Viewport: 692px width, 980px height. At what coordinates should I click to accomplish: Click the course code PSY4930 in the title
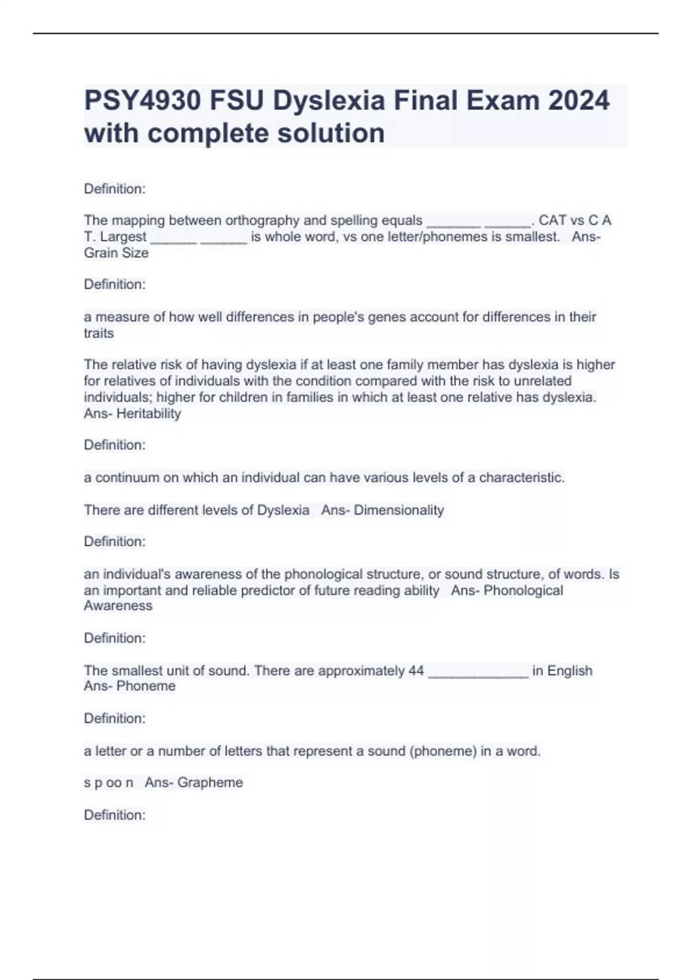[x=142, y=101]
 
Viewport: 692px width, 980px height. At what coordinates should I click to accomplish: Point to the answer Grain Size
[x=116, y=253]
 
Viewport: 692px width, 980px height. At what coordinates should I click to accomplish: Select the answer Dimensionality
[x=398, y=510]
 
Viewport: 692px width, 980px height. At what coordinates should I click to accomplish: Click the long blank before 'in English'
[x=478, y=672]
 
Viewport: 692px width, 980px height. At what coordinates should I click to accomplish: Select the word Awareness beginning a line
[x=118, y=606]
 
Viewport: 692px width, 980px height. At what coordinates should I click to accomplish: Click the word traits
[x=99, y=333]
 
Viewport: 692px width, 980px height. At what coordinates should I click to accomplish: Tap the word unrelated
[x=543, y=381]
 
